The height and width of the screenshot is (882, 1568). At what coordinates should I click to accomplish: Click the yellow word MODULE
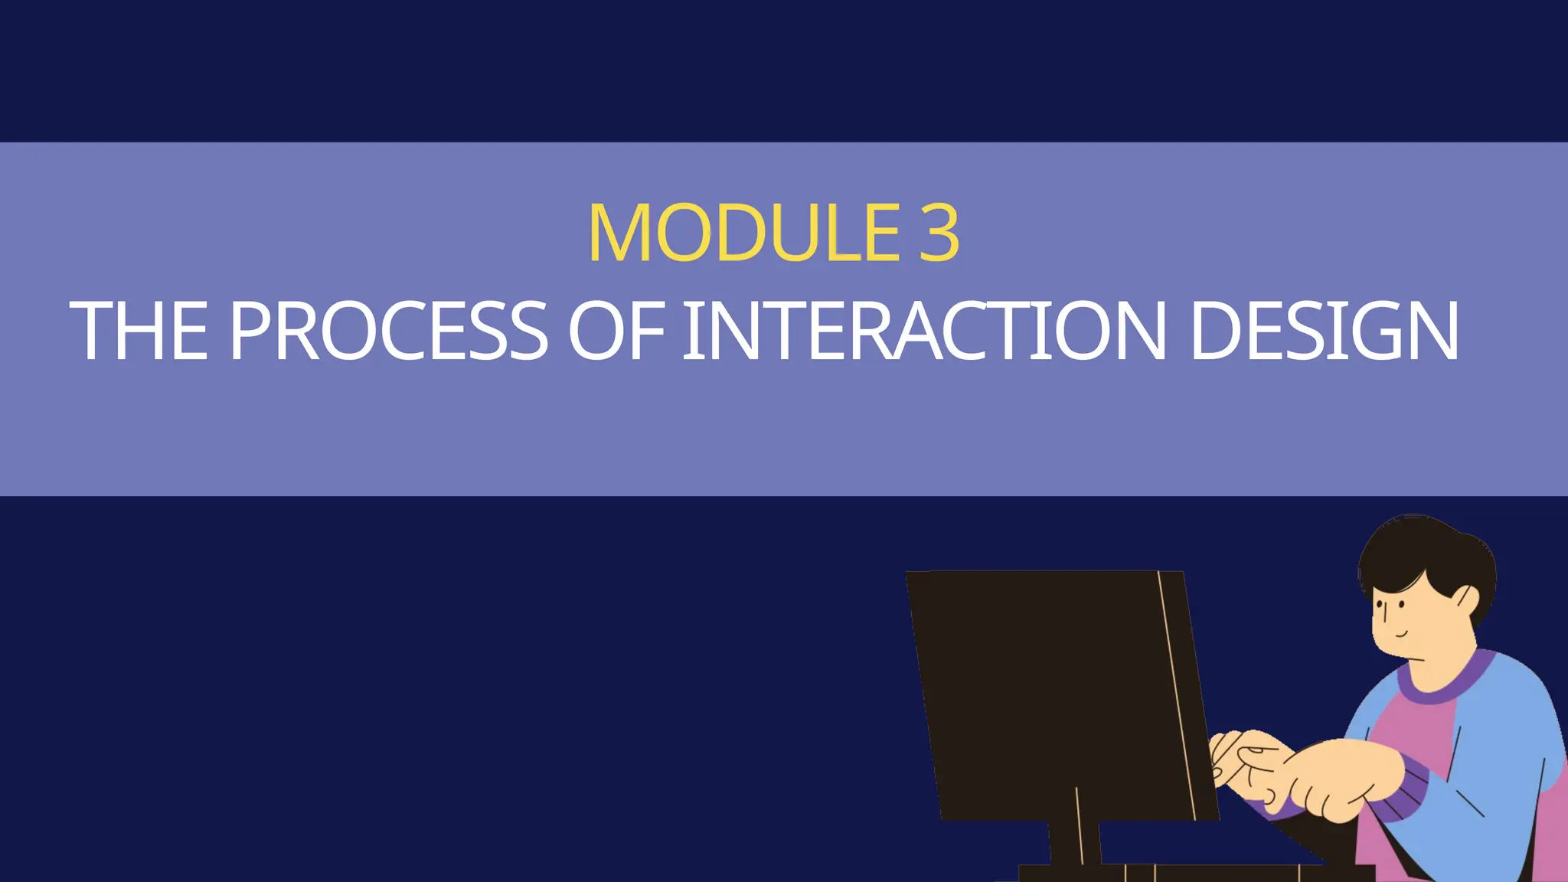(743, 233)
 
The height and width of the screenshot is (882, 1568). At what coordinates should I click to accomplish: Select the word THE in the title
(139, 331)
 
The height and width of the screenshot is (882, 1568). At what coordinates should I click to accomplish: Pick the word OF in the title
(616, 331)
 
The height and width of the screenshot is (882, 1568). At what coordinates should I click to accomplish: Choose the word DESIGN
(1325, 331)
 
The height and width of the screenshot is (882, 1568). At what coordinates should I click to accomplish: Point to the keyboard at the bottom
(1194, 873)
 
